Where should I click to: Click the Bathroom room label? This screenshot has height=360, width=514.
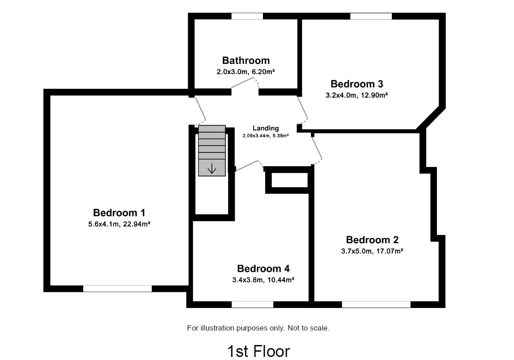coord(246,60)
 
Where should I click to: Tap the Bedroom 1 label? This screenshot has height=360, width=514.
coord(119,212)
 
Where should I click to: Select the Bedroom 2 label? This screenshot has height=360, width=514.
coord(372,240)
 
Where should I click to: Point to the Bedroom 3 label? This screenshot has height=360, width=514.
coord(357,84)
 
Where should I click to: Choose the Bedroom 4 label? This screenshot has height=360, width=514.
coord(263,268)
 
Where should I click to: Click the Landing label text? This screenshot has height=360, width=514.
coord(266,128)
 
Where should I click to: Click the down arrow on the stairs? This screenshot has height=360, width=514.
coord(212,168)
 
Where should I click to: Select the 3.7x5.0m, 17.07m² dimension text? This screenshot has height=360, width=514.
coord(373,251)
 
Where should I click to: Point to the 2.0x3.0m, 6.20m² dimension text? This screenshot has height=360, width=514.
coord(246,71)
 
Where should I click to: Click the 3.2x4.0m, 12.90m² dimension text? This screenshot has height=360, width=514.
coord(357,95)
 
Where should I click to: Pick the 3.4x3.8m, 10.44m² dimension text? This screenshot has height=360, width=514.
coord(263,279)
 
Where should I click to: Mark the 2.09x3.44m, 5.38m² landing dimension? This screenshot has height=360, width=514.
coord(266,136)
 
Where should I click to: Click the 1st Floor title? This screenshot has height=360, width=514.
coord(259,351)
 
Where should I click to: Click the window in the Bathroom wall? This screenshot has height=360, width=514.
coord(247,16)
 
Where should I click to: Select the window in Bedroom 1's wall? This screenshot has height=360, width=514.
coord(117,289)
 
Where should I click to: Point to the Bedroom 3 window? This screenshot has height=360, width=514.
coord(371,16)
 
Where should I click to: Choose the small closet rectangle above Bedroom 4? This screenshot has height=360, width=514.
coord(289,180)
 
